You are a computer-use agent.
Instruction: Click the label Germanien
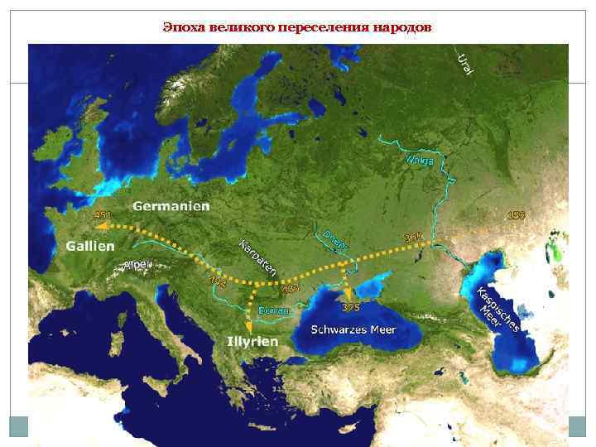point(171,205)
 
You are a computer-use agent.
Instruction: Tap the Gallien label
point(92,247)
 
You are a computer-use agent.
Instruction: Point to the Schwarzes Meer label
point(353,329)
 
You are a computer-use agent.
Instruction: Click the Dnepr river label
point(335,238)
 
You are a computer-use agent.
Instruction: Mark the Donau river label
point(274,310)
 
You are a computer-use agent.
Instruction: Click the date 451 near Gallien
point(102,215)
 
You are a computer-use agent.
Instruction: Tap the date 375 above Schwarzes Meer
point(351,308)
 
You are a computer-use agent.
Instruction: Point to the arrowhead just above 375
point(348,293)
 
